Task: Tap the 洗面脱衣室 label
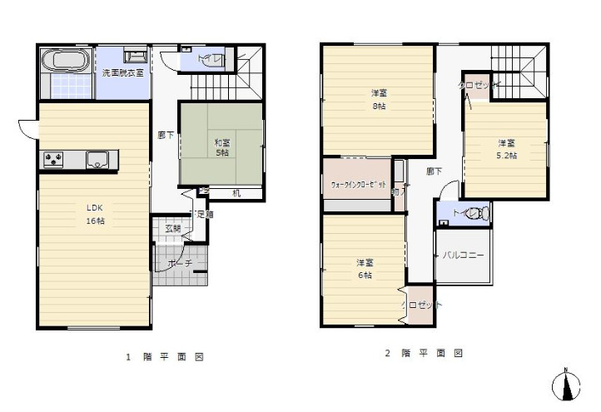(122, 73)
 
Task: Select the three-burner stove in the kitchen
(53, 159)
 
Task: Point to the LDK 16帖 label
(92, 215)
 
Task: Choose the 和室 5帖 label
(221, 146)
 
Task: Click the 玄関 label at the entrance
(171, 228)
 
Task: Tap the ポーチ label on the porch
(180, 263)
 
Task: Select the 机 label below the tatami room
(236, 194)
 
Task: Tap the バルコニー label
(464, 256)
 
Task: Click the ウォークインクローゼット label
(358, 185)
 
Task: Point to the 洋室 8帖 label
(379, 99)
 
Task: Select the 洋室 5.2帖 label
(506, 148)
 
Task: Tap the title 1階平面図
(164, 357)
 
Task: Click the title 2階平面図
(423, 353)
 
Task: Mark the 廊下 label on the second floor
(434, 171)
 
